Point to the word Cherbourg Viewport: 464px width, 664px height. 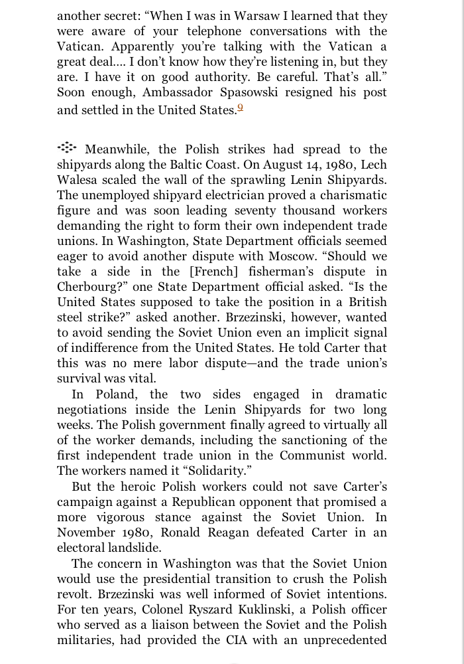click(91, 287)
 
